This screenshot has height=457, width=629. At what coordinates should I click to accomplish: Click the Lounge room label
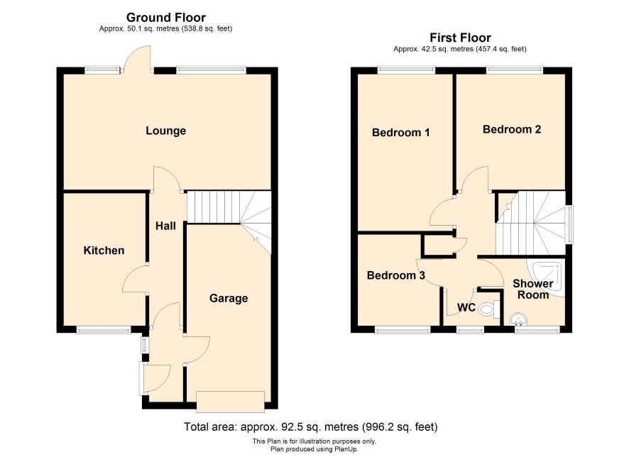pyautogui.click(x=165, y=131)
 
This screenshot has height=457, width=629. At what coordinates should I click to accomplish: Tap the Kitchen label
pyautogui.click(x=104, y=250)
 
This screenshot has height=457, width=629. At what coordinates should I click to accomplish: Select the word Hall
pyautogui.click(x=165, y=226)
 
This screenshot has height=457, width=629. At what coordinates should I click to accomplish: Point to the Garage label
pyautogui.click(x=229, y=298)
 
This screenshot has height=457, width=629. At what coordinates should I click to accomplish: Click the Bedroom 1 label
pyautogui.click(x=400, y=132)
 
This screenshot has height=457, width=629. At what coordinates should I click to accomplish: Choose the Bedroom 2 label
pyautogui.click(x=512, y=129)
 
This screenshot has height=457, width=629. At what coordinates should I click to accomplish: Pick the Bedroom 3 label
pyautogui.click(x=396, y=275)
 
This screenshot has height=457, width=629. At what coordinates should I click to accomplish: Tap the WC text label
pyautogui.click(x=466, y=307)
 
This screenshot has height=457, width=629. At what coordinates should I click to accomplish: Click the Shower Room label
pyautogui.click(x=533, y=289)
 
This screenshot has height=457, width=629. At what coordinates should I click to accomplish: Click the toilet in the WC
pyautogui.click(x=490, y=309)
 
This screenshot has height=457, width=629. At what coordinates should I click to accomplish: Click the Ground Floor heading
pyautogui.click(x=166, y=17)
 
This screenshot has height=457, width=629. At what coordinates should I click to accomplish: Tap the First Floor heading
pyautogui.click(x=460, y=38)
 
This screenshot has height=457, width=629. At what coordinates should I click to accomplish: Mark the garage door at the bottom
pyautogui.click(x=230, y=402)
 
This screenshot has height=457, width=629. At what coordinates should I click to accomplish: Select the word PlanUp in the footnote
pyautogui.click(x=346, y=449)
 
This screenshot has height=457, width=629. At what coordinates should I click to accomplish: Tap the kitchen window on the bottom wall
pyautogui.click(x=104, y=331)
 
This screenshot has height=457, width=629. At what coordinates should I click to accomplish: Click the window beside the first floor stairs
pyautogui.click(x=569, y=224)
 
